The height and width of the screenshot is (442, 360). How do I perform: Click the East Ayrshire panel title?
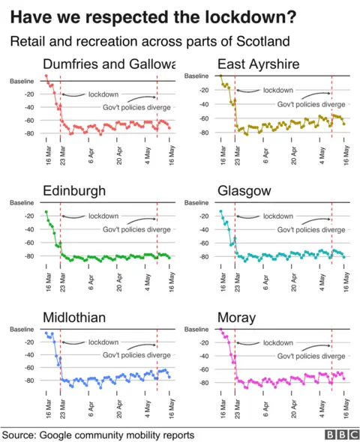(x=258, y=64)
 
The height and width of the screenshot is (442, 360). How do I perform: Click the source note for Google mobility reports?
(x=98, y=435)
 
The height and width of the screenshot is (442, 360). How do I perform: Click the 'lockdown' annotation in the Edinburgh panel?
(x=103, y=217)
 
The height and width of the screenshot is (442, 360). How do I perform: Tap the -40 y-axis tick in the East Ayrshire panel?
(x=202, y=103)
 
